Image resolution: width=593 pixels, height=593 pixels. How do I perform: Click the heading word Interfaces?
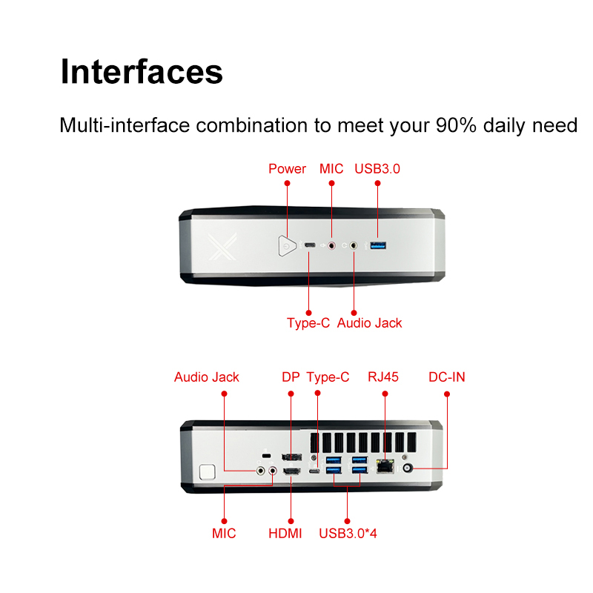pos(142,73)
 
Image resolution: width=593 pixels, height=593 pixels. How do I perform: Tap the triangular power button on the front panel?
pos(285,245)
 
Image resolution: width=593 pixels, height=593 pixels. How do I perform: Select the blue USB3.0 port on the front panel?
pos(377,245)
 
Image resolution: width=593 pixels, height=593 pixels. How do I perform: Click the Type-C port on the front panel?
pos(309,245)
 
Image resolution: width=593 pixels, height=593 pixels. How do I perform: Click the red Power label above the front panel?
pos(287,169)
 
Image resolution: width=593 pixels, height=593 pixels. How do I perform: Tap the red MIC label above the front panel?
pos(331,169)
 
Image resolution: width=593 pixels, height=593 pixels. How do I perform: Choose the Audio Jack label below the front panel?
pos(369,323)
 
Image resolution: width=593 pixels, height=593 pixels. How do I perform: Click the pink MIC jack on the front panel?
pos(331,245)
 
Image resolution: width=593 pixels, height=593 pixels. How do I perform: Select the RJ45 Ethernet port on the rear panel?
pos(385,466)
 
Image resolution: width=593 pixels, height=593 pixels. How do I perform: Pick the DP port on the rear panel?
pos(291,456)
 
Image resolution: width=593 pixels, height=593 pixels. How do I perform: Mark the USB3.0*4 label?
pos(348,533)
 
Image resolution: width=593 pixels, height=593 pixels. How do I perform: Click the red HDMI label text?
pos(285,533)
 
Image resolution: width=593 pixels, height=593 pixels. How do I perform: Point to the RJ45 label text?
pos(383,377)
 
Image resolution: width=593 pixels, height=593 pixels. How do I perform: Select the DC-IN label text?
pos(447,377)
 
